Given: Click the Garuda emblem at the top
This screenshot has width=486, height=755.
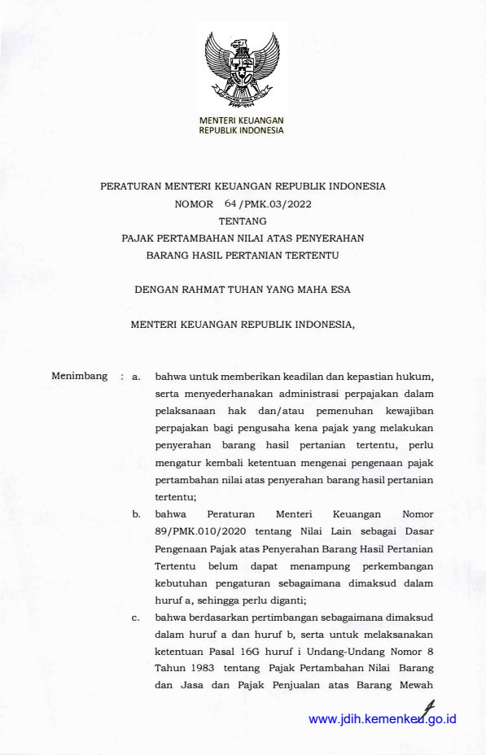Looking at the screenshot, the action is click(x=243, y=70).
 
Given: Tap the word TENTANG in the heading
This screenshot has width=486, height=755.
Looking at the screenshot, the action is click(x=243, y=220).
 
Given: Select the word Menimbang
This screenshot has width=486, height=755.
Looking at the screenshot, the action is click(x=79, y=376).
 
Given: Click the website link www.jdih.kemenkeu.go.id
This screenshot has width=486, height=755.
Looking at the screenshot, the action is click(x=383, y=719).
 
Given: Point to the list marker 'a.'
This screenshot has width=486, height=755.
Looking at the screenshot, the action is click(x=136, y=377).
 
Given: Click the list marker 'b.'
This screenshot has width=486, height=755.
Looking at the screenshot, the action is click(x=136, y=514).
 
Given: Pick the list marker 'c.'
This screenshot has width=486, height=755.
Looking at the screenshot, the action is click(x=136, y=618).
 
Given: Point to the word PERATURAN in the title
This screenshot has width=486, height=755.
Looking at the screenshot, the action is click(x=133, y=185).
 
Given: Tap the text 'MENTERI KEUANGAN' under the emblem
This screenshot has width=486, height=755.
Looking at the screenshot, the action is click(x=242, y=120).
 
